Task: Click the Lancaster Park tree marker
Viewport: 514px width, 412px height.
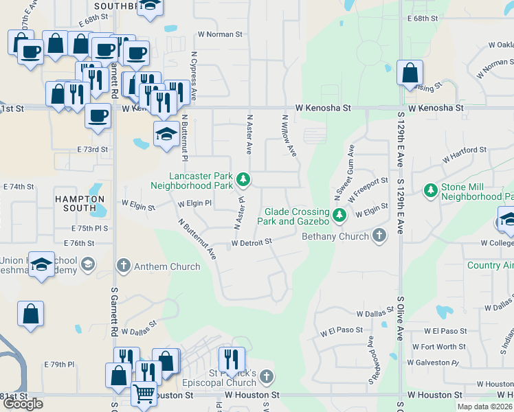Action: [x=243, y=180]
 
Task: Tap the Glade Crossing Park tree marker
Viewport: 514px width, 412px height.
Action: [x=339, y=216]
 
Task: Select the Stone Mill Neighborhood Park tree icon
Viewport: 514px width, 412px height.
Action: [x=431, y=190]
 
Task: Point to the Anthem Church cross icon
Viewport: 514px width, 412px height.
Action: [x=124, y=266]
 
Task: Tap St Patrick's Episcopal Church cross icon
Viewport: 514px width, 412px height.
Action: [x=267, y=376]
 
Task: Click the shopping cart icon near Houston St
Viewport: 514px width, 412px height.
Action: [x=143, y=394]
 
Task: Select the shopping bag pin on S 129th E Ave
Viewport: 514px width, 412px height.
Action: [x=410, y=73]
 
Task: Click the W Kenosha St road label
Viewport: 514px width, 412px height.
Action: [x=323, y=108]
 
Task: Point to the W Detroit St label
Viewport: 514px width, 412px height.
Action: [x=252, y=242]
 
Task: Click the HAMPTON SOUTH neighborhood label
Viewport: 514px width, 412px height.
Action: [x=76, y=203]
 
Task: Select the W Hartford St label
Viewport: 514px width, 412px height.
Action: [x=465, y=154]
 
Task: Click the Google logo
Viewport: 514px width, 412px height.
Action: [x=23, y=403]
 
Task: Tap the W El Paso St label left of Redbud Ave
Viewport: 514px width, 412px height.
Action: [x=341, y=330]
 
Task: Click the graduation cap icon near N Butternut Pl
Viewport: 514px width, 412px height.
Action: [x=166, y=133]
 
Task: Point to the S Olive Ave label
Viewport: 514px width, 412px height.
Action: [x=400, y=319]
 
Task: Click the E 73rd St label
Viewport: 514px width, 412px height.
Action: [x=92, y=149]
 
